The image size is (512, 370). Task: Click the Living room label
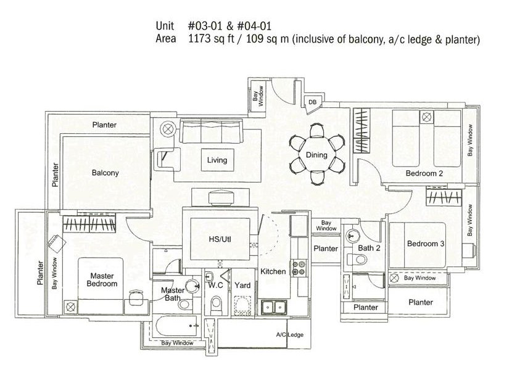(217, 160)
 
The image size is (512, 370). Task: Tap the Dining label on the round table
(316, 155)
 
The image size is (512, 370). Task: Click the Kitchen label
(273, 271)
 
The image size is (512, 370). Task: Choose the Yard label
(242, 286)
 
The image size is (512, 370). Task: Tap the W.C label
(215, 286)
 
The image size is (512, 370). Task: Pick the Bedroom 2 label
(424, 174)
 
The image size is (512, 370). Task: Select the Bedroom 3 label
(426, 244)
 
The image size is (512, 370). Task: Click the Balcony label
(105, 173)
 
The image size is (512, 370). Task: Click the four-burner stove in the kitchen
(299, 268)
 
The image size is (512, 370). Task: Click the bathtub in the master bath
(172, 325)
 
